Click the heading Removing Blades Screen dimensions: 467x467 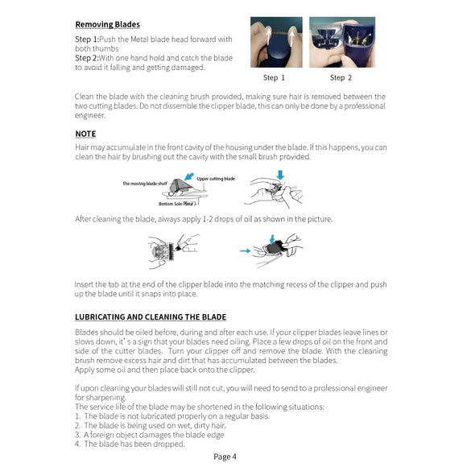107,24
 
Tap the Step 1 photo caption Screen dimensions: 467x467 275,78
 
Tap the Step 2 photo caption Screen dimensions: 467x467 341,78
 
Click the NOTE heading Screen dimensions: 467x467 85,134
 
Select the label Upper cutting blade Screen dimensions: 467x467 216,178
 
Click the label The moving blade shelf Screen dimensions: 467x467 146,184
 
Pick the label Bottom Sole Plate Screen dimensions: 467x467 176,205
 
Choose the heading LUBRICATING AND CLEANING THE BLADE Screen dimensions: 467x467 151,317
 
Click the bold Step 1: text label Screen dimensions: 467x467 87,39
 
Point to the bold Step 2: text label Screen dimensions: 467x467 87,58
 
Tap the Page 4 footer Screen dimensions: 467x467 225,457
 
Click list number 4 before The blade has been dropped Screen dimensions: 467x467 77,444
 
